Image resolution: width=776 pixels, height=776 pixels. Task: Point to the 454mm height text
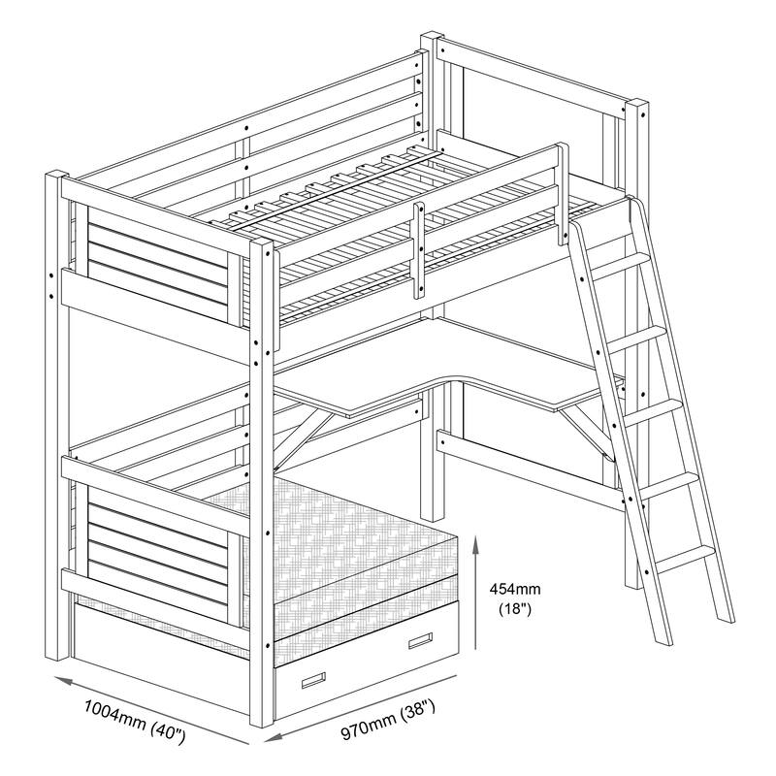click(515, 589)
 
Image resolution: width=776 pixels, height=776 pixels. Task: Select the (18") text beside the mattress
click(514, 609)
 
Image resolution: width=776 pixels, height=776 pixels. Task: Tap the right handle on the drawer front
click(419, 640)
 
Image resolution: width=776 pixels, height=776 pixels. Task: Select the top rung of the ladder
click(616, 263)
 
